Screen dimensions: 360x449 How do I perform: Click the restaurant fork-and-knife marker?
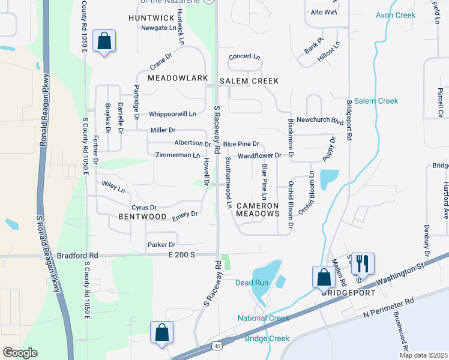click(x=363, y=263)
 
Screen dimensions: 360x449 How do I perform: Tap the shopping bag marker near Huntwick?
click(x=104, y=41)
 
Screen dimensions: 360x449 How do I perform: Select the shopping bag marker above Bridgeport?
click(x=323, y=277)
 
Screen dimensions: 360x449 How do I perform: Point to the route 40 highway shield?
click(x=217, y=346)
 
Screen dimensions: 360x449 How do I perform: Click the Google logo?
click(x=20, y=353)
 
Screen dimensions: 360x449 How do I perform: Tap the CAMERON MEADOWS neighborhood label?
click(x=258, y=209)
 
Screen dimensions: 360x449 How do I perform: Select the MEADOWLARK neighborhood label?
click(x=178, y=79)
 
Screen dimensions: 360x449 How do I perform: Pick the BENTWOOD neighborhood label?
click(x=142, y=216)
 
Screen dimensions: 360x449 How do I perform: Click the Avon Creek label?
click(x=395, y=15)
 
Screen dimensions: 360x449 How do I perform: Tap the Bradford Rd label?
click(x=77, y=255)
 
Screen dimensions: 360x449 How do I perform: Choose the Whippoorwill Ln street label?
click(x=173, y=113)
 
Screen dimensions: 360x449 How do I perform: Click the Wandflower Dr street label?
click(x=259, y=155)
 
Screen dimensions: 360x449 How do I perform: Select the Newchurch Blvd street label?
click(x=319, y=120)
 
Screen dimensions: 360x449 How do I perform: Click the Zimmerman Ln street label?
click(x=177, y=155)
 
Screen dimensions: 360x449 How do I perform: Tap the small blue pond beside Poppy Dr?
click(x=329, y=179)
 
